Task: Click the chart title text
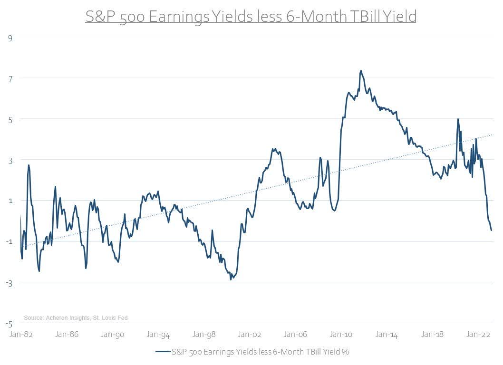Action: tap(251, 17)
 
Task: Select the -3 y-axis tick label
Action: tap(10, 283)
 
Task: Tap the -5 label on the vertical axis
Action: tap(10, 324)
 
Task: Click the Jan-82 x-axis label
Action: tap(21, 335)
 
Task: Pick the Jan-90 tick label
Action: tap(113, 335)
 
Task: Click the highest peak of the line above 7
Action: tap(361, 70)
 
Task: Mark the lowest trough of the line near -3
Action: tap(231, 279)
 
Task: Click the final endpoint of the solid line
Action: tap(491, 231)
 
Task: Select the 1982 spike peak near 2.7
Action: tap(29, 165)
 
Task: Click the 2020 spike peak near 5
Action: tap(458, 119)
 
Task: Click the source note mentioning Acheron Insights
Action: tap(76, 317)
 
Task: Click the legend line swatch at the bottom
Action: tap(162, 352)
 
